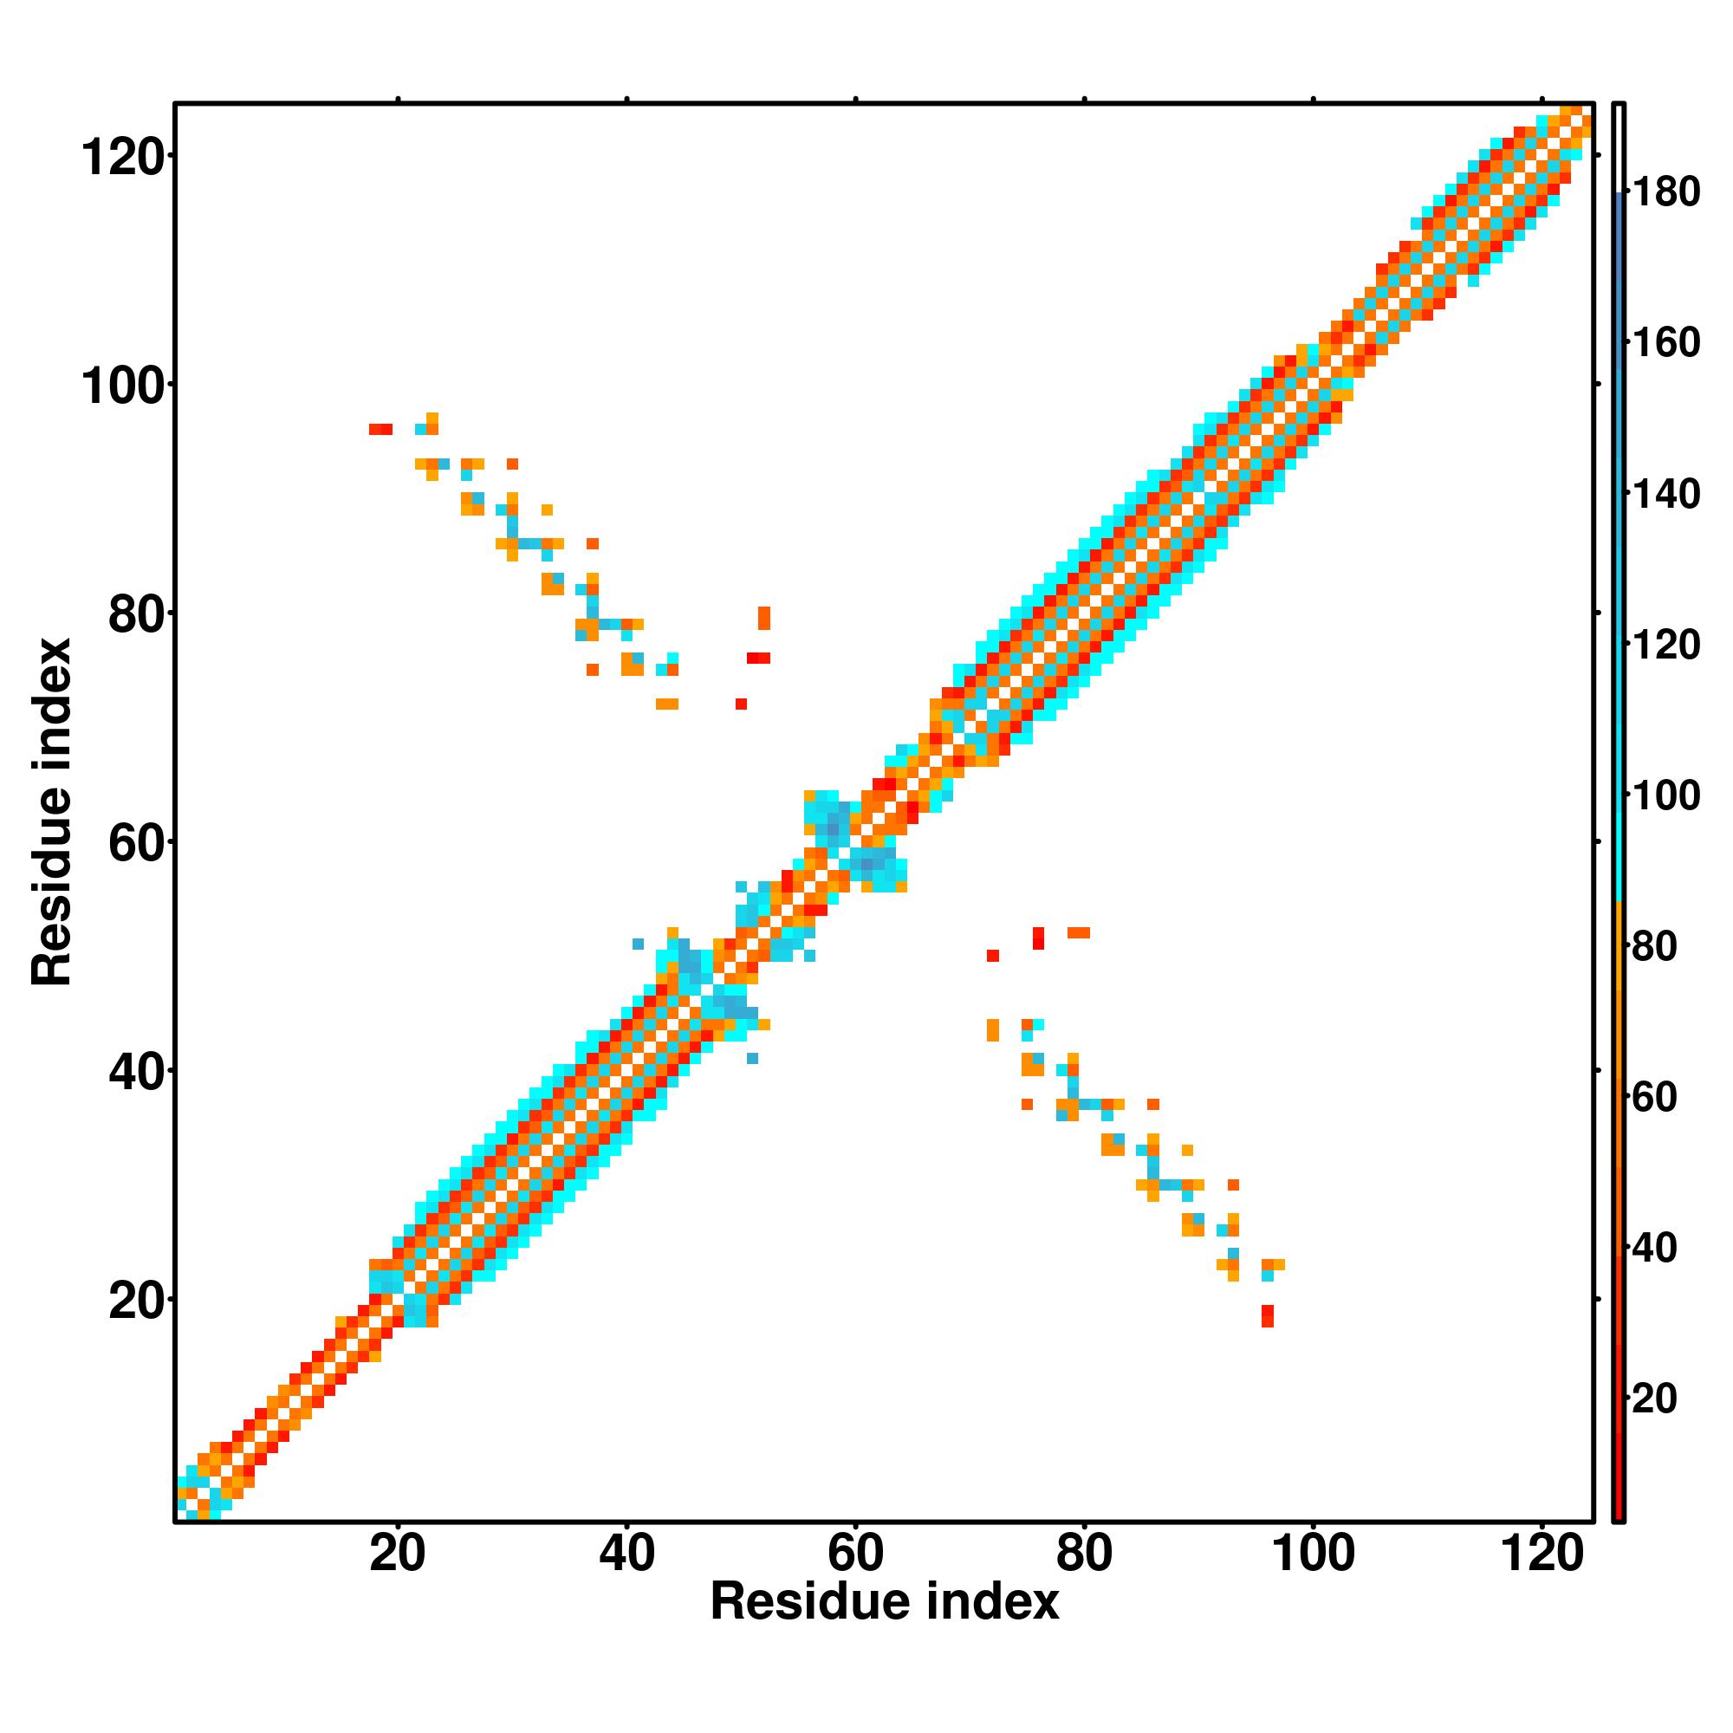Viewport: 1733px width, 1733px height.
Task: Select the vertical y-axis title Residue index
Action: pyautogui.click(x=52, y=812)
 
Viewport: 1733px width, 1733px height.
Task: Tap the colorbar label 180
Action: pyautogui.click(x=1666, y=192)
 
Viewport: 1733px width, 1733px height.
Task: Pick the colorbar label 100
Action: pyautogui.click(x=1666, y=795)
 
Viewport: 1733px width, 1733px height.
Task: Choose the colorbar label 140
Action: pyautogui.click(x=1666, y=494)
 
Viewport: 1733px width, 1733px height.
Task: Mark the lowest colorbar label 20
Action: pyautogui.click(x=1655, y=1399)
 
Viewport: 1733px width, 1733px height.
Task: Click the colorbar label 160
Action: pyautogui.click(x=1666, y=342)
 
